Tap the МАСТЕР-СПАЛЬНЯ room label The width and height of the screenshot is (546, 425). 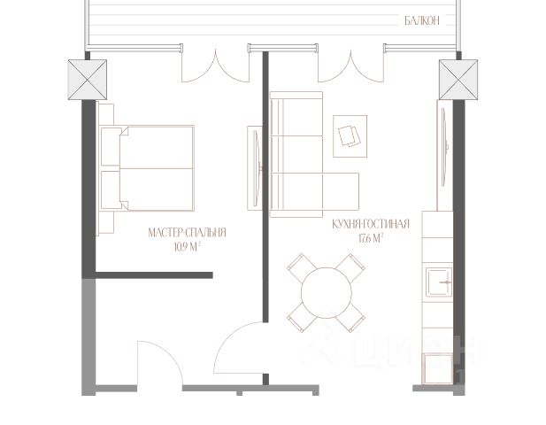(188, 232)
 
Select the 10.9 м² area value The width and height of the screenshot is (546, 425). (188, 247)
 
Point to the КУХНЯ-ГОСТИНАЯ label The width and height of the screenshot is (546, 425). (371, 224)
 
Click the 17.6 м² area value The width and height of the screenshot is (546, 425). (371, 238)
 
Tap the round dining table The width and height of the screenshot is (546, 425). (327, 293)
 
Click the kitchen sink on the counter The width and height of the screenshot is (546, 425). (440, 282)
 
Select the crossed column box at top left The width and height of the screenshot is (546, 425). (88, 80)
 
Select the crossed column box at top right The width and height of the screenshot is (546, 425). (458, 80)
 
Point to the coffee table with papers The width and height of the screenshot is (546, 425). (350, 136)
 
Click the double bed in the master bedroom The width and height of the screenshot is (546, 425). (147, 168)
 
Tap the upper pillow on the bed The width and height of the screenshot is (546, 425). (112, 147)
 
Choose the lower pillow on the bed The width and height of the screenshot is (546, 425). (112, 189)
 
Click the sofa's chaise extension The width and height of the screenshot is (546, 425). (341, 191)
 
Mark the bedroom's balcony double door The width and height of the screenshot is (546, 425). (216, 66)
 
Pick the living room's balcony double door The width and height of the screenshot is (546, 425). (351, 66)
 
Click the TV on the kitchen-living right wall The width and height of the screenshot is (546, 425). (444, 147)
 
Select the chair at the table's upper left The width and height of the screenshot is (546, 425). (302, 267)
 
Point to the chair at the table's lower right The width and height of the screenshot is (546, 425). (350, 318)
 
